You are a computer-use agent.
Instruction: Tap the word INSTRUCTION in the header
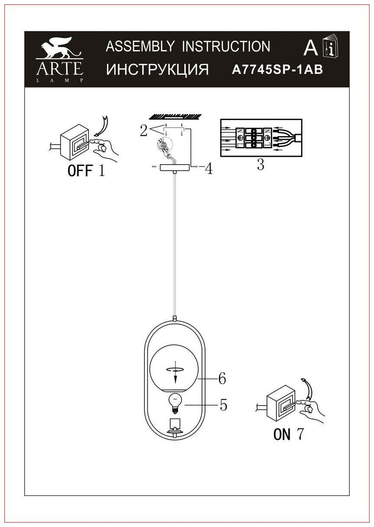coord(225,46)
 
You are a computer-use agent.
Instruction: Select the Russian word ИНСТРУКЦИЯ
coord(157,69)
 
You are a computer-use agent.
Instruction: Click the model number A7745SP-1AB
coord(277,70)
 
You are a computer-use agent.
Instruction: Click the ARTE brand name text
coord(60,68)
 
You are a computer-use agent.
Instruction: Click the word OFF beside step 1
coord(80,171)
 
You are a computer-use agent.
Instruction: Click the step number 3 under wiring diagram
coord(260,165)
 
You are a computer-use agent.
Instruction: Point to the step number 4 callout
coord(209,168)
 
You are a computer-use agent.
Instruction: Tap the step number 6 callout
coord(222,378)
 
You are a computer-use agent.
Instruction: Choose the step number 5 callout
coord(223,405)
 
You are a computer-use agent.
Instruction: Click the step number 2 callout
coord(144,130)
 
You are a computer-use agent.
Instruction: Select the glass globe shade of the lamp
coord(174,368)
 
